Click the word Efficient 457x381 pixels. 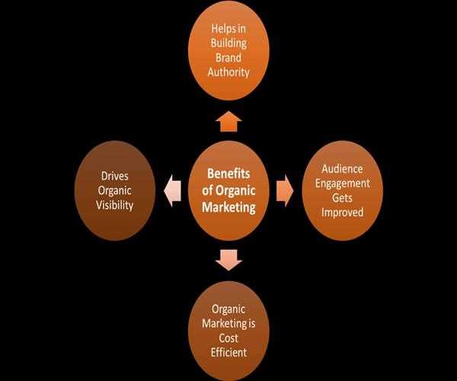(x=229, y=354)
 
